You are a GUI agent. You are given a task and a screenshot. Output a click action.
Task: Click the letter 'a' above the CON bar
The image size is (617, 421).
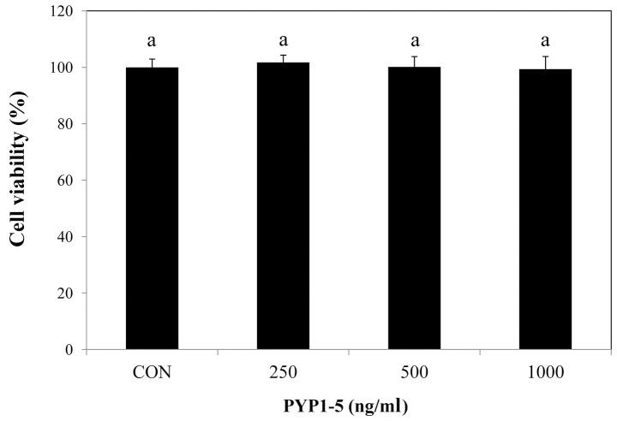152,40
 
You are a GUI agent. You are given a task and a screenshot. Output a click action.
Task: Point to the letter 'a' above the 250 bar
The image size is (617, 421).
283,40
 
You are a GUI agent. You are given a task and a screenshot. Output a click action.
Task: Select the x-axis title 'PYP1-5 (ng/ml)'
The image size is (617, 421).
348,406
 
